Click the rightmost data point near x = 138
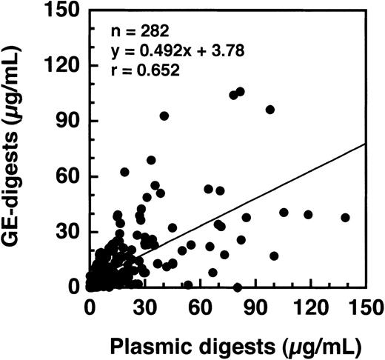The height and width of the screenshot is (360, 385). click(345, 218)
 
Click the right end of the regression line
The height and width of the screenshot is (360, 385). click(364, 144)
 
